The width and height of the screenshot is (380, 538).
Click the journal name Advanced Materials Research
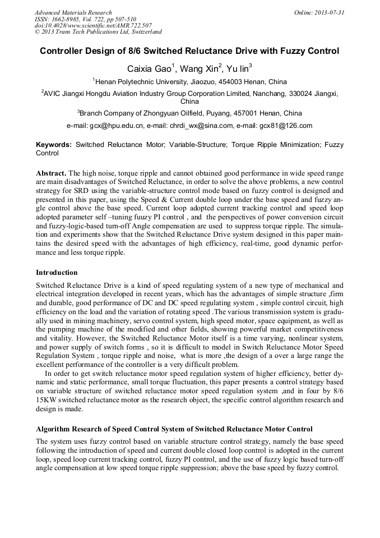coord(73,12)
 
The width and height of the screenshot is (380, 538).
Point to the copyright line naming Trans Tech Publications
coord(98,33)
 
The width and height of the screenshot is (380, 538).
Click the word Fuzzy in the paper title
coord(292,51)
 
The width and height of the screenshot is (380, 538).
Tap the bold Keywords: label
coord(54,145)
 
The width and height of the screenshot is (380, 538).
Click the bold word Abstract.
coord(51,173)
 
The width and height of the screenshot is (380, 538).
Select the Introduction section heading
coord(57,273)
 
